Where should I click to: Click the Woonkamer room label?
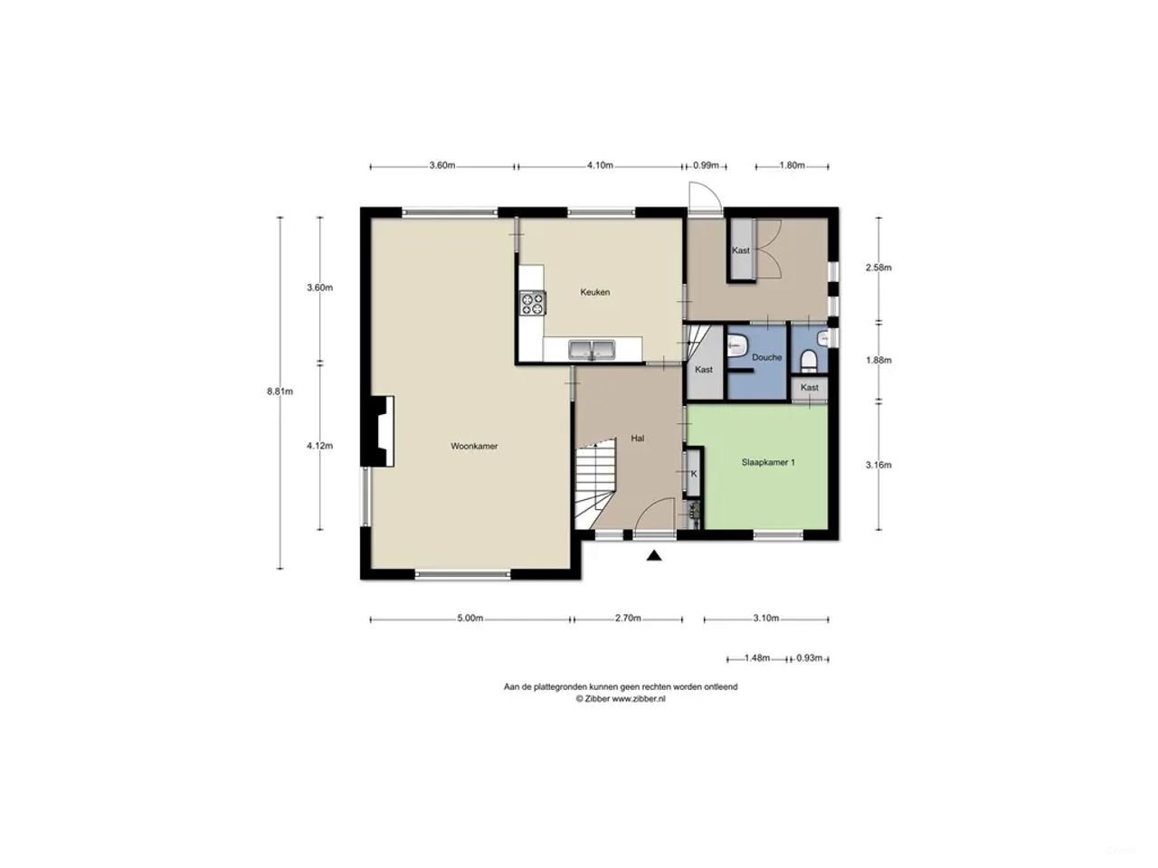tap(474, 446)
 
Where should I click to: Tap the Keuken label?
tap(594, 292)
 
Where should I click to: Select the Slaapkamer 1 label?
tap(767, 462)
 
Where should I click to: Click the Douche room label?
tap(766, 357)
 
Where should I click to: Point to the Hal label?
tap(638, 439)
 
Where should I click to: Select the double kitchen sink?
tap(592, 349)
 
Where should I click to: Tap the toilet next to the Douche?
tap(810, 361)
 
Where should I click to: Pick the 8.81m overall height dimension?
tap(279, 392)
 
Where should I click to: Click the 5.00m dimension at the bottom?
tap(470, 618)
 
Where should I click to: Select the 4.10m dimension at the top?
tap(600, 165)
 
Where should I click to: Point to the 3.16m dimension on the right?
tap(878, 465)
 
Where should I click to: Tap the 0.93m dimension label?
tap(809, 658)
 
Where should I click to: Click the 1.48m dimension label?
tap(756, 658)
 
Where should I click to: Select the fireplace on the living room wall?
tap(378, 431)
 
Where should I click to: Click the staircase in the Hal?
tap(593, 484)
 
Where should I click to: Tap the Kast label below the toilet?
tap(810, 388)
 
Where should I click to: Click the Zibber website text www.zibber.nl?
tap(639, 699)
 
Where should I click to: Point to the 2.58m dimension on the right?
tap(878, 268)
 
